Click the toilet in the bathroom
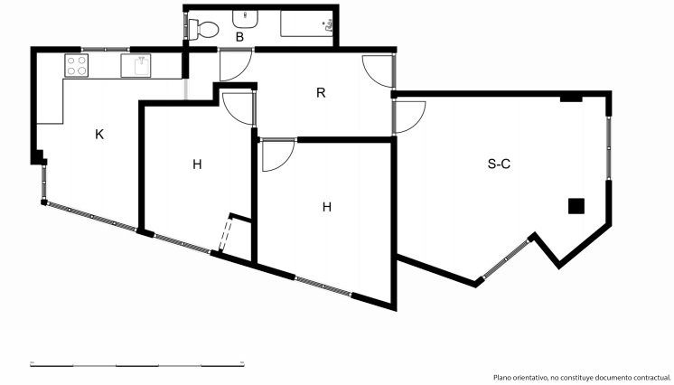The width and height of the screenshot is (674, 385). pos(203,29)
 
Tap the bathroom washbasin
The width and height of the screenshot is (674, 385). pos(246,19)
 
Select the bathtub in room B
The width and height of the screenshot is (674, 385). pos(307,23)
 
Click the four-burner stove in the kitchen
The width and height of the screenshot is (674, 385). pos(77,65)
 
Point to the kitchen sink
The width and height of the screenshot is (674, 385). pos(136,65)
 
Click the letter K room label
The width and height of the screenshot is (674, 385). pos(99,135)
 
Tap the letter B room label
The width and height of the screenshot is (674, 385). pos(239,37)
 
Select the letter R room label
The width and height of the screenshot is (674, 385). pos(321,92)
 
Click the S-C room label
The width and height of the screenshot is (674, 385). pos(499,164)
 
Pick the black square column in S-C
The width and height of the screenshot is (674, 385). pos(576,206)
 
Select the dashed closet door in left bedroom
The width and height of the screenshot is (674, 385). pos(225,234)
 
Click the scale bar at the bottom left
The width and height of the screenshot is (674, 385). pos(137,365)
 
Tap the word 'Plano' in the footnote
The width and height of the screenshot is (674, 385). pos(502,378)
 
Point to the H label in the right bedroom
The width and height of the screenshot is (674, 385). pos(327,207)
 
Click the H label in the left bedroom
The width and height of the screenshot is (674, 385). pos(197,164)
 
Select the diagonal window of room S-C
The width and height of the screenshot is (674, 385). pos(506,259)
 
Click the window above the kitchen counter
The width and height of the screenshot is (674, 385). pos(106,49)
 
